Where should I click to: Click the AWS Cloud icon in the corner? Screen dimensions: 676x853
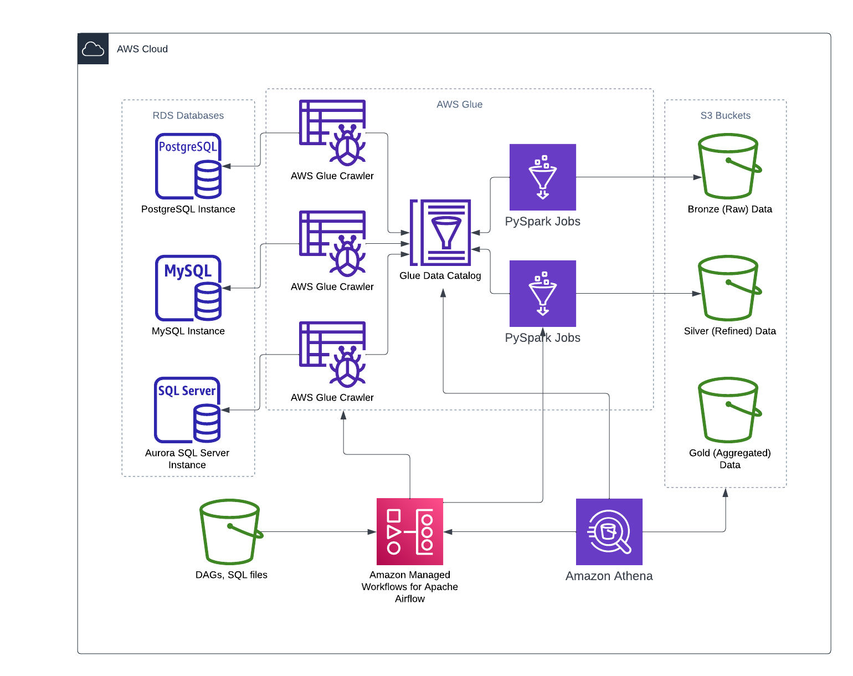93,49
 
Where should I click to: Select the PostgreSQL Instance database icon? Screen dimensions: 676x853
188,166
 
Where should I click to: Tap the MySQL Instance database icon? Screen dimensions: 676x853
188,288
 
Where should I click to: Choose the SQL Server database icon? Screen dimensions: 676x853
187,410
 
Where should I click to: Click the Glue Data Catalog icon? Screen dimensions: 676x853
440,233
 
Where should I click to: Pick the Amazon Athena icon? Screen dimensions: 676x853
609,532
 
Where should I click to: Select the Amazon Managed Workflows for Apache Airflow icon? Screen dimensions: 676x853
410,532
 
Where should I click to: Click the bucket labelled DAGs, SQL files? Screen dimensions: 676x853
230,532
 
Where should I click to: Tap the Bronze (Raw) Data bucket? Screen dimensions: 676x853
729,166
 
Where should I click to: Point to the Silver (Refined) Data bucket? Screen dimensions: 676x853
729,288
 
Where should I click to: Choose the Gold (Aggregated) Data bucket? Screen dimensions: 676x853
729,410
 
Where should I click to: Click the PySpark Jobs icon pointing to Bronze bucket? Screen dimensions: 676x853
543,177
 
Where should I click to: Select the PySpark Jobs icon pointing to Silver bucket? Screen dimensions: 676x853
543,294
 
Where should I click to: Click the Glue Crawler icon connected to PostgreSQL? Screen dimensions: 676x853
332,133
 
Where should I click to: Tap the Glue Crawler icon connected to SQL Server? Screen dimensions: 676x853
332,355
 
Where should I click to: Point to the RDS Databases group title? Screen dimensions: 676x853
188,116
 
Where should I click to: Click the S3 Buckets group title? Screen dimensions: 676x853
726,116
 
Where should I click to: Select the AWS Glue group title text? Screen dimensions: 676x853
460,105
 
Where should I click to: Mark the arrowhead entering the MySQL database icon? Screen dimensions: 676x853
226,288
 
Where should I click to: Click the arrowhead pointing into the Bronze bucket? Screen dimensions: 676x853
697,177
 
